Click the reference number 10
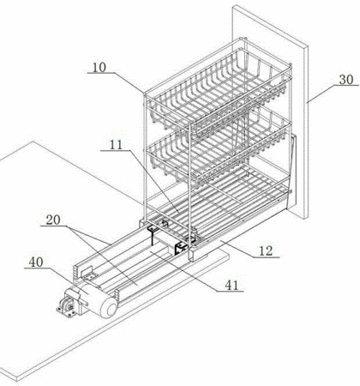coord(99,68)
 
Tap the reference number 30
coord(346,80)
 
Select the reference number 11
coord(116,145)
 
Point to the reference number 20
coord(53,220)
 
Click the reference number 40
coord(36,262)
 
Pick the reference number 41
coord(231,285)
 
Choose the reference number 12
coord(266,251)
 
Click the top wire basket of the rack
coord(219,92)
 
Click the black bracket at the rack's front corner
coord(181,247)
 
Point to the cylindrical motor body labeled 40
coord(97,299)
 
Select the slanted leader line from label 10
coord(129,82)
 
